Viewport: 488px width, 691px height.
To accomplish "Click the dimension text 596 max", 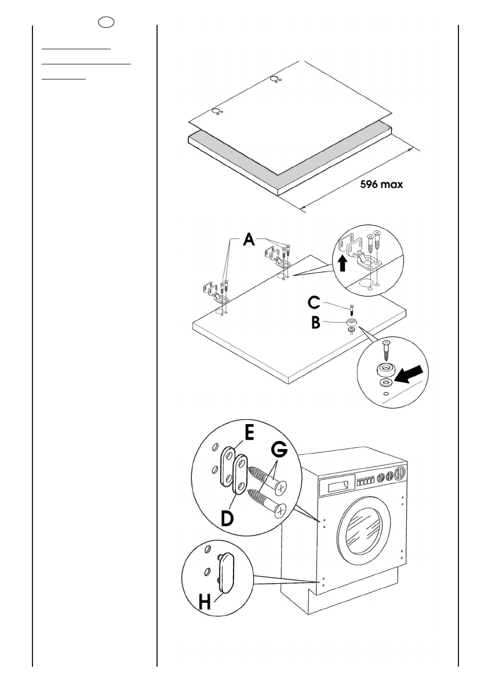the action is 381,184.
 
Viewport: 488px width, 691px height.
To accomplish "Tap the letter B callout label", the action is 315,323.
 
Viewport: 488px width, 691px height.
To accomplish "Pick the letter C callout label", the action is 314,303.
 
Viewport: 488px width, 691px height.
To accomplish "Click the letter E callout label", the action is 249,432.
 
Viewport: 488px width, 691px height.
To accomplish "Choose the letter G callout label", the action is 279,450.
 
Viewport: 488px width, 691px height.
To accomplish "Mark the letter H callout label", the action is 205,602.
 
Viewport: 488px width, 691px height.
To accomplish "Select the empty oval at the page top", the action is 106,21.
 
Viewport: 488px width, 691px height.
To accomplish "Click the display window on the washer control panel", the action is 340,486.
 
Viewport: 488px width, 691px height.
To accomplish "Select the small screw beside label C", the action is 351,307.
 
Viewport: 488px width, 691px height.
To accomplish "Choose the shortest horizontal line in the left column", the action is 64,79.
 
